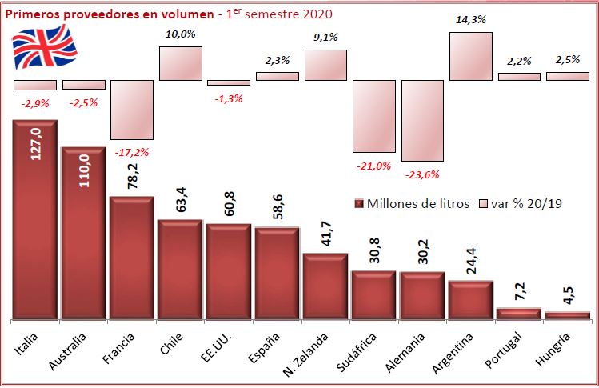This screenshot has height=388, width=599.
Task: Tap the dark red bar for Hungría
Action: click(566, 315)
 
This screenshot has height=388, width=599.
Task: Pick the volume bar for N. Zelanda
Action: click(325, 286)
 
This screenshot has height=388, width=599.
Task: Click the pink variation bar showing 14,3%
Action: click(470, 56)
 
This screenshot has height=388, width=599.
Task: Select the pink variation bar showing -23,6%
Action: click(422, 120)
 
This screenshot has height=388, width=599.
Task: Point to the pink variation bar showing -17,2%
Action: click(132, 109)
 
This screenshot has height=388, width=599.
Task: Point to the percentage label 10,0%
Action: click(181, 34)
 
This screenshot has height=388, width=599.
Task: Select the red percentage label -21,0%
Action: click(373, 166)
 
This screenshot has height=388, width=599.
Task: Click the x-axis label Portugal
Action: click(515, 349)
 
